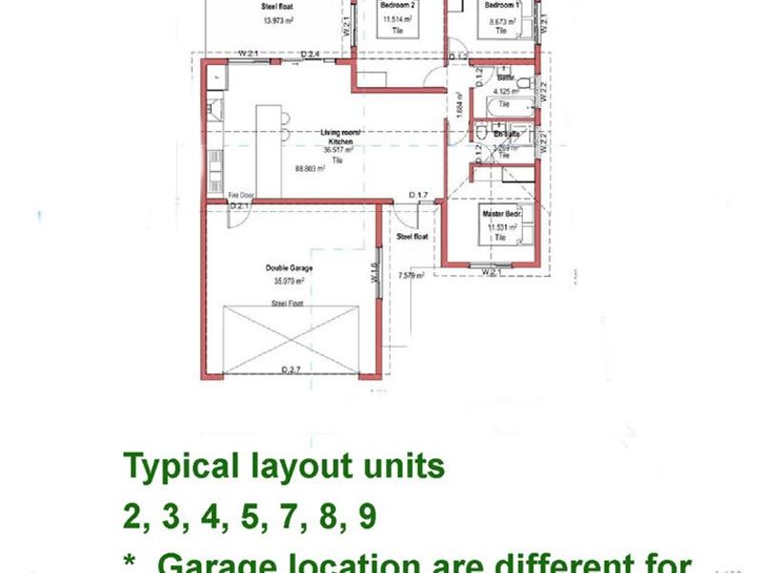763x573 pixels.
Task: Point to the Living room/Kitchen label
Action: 338,138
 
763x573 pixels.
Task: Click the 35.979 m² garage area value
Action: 289,281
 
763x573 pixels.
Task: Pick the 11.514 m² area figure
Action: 397,18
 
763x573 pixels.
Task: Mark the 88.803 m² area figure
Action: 310,168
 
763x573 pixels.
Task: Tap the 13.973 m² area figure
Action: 277,19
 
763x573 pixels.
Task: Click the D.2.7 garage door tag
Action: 290,369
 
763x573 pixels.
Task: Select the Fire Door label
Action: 239,194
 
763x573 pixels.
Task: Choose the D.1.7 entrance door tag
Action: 417,195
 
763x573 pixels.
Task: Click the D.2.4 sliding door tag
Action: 309,53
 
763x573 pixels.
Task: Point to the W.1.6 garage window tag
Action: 375,272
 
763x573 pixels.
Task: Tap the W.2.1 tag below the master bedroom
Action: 491,272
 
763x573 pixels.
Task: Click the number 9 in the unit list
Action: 366,517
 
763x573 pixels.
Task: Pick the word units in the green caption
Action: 398,467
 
